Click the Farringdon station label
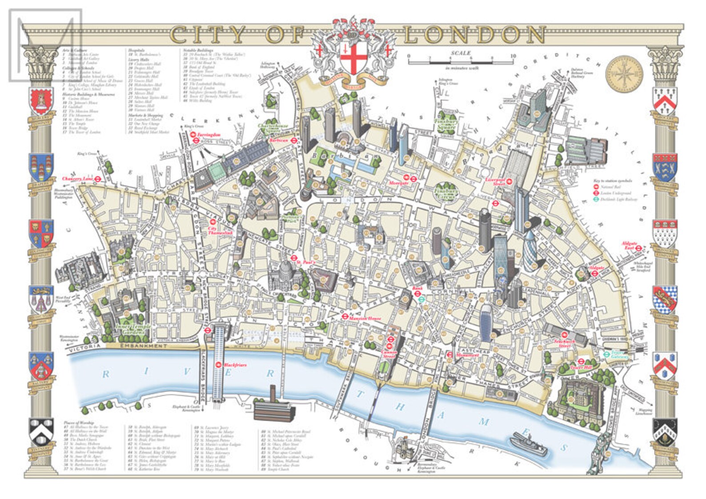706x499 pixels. pyautogui.click(x=209, y=134)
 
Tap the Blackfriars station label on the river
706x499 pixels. pyautogui.click(x=235, y=365)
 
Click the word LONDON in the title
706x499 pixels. pyautogui.click(x=474, y=35)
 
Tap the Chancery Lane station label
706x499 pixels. pyautogui.click(x=78, y=178)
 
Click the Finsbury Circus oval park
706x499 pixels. pyautogui.click(x=445, y=192)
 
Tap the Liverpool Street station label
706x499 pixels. pyautogui.click(x=495, y=181)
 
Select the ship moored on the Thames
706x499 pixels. pyautogui.click(x=529, y=443)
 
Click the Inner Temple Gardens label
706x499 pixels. pyautogui.click(x=133, y=329)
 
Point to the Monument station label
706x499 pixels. pyautogui.click(x=467, y=355)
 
